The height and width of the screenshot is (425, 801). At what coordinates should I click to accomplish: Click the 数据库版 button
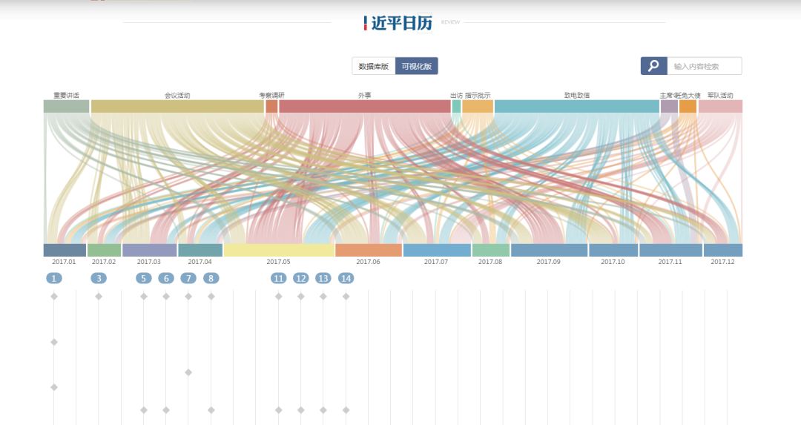[374, 66]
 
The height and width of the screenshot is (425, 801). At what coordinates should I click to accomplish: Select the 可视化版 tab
[416, 66]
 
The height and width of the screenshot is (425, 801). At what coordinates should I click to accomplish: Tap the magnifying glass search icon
[653, 66]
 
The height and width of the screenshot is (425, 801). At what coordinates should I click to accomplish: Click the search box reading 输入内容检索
[704, 66]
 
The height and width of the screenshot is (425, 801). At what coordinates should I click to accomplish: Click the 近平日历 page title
[400, 23]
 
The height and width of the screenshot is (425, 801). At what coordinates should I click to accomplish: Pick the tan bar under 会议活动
[177, 106]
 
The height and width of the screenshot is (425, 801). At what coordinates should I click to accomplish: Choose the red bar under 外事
[364, 106]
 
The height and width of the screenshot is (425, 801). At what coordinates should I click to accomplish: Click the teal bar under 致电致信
[576, 106]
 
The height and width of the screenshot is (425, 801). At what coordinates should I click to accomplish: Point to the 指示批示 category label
[478, 96]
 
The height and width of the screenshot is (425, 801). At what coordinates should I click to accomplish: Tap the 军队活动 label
[720, 96]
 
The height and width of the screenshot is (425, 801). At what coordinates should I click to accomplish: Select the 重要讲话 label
[66, 96]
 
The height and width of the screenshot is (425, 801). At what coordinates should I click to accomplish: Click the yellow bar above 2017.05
[278, 250]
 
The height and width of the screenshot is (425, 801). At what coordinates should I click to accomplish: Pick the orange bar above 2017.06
[368, 250]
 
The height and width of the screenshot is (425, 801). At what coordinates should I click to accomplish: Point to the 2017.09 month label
[548, 262]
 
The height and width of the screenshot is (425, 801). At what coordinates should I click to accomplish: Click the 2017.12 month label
[722, 262]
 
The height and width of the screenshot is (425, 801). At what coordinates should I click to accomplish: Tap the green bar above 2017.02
[104, 250]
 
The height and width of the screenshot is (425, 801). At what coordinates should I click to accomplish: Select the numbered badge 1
[53, 278]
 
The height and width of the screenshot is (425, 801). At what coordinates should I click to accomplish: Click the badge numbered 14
[346, 278]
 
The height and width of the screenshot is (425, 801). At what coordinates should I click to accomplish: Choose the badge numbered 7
[188, 278]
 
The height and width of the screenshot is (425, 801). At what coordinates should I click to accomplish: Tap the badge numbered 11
[278, 278]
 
